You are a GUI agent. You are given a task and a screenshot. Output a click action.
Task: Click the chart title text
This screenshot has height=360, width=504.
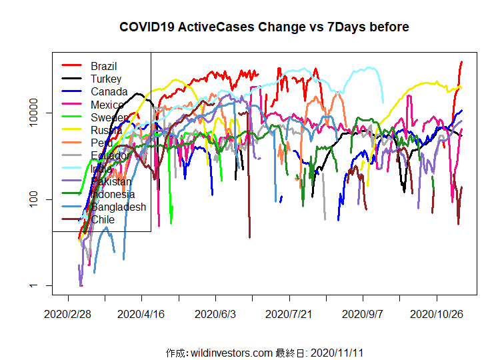[264, 27]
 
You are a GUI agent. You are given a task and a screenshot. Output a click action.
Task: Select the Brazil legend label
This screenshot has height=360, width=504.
[104, 66]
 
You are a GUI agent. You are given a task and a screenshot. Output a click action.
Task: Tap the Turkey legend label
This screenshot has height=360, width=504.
[106, 79]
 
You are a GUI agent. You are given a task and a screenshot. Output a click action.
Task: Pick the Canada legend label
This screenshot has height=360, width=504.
[108, 91]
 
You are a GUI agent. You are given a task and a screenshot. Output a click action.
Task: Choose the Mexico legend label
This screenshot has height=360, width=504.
[107, 105]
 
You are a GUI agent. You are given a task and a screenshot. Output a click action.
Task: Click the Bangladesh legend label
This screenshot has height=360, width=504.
[118, 207]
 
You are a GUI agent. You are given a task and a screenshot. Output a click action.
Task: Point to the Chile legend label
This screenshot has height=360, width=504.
[103, 219]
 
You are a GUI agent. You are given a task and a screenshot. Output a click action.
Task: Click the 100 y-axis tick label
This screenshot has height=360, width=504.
[39, 199]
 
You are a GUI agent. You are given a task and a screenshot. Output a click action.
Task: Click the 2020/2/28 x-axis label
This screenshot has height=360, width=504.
[67, 313]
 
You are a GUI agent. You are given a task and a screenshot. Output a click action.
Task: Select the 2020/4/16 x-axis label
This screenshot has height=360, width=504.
[141, 313]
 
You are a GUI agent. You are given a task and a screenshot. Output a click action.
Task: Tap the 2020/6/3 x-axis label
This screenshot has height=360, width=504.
[215, 313]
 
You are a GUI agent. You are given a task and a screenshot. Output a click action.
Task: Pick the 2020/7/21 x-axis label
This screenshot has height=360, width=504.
[289, 313]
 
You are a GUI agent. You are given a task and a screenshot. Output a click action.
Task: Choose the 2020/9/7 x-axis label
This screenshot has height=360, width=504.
[363, 313]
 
